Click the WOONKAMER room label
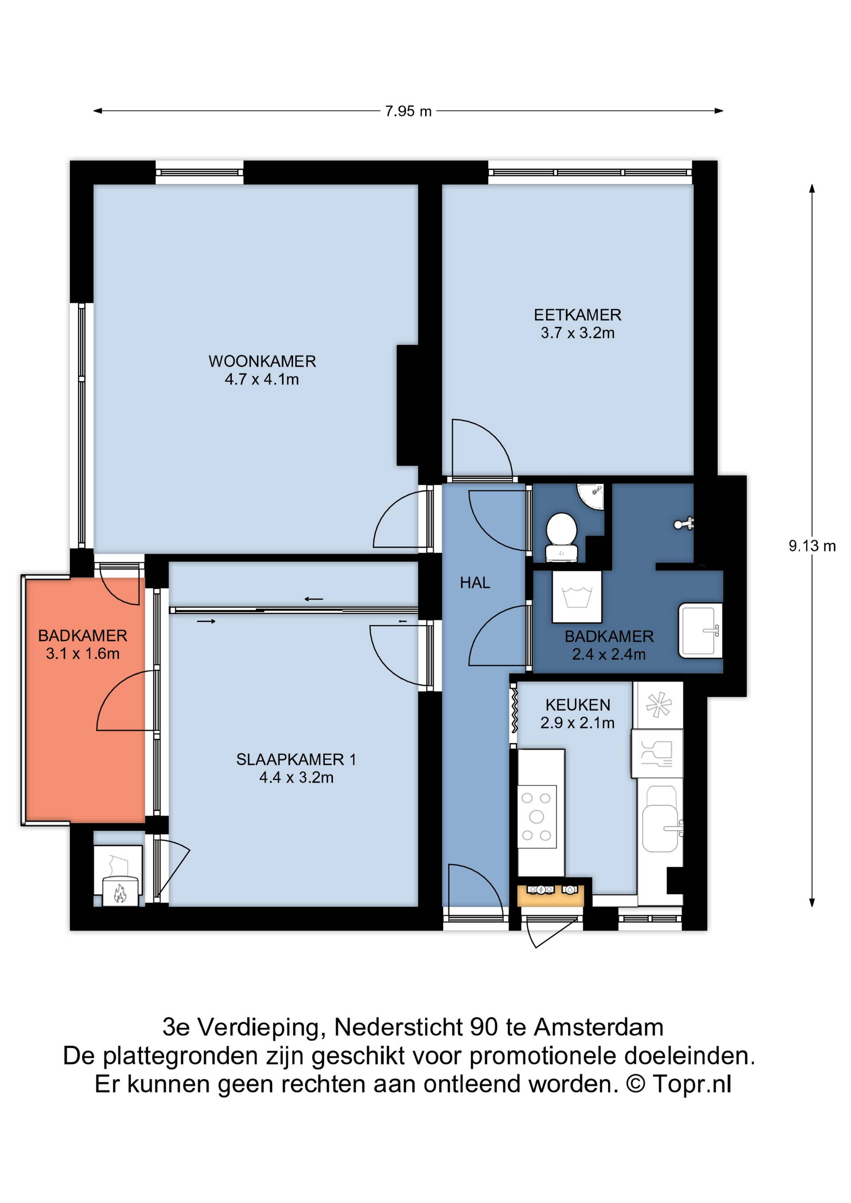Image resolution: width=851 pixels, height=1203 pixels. tap(262, 361)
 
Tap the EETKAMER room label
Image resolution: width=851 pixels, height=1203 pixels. tap(578, 315)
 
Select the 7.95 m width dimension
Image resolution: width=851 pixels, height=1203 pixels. tap(408, 111)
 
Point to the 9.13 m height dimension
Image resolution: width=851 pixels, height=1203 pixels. tap(812, 545)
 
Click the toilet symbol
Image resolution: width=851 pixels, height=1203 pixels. tap(562, 537)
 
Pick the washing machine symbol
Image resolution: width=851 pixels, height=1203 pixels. tap(577, 597)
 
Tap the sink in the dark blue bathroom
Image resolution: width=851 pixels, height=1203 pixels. tap(701, 631)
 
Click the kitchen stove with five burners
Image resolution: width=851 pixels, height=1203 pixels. tap(537, 816)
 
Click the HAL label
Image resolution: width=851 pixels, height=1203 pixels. tap(475, 583)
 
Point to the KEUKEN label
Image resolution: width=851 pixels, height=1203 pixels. tap(578, 705)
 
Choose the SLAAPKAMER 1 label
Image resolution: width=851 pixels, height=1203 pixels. tap(296, 759)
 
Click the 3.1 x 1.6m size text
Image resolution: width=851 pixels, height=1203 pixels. tap(83, 654)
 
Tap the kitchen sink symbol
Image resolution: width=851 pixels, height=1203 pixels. tap(662, 818)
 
